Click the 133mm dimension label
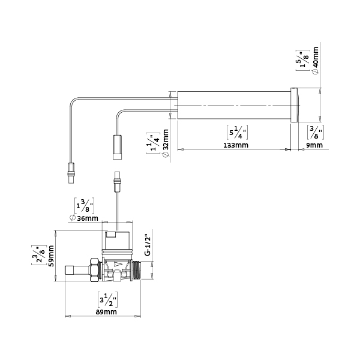pyautogui.click(x=236, y=145)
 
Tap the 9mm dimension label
pyautogui.click(x=314, y=145)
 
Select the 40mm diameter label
pyautogui.click(x=316, y=61)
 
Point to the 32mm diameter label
pyautogui.click(x=166, y=143)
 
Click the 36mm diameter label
pyautogui.click(x=84, y=218)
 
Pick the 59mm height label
pyautogui.click(x=51, y=256)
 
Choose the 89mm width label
pyautogui.click(x=106, y=312)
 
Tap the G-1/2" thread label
pyautogui.click(x=148, y=245)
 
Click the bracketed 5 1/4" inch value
pyautogui.click(x=237, y=132)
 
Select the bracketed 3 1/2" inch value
pyautogui.click(x=107, y=299)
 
